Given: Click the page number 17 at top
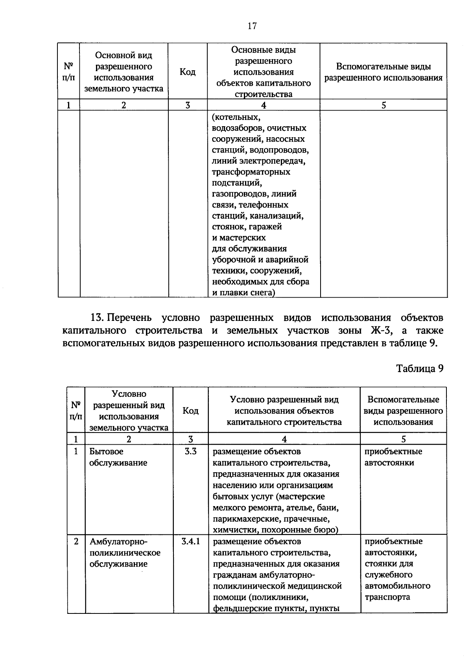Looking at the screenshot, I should tap(252, 26).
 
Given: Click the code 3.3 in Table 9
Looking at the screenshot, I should tap(191, 451).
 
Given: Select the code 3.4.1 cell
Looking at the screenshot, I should tap(191, 541).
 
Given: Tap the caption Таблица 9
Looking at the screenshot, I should tap(420, 368).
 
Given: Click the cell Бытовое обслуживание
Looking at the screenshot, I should tap(118, 457).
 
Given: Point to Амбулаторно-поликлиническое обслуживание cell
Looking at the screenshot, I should tap(125, 552).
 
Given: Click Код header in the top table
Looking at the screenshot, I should tap(188, 72).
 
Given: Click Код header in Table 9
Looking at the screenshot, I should tap(191, 411).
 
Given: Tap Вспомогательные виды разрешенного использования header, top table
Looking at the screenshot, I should tap(383, 72).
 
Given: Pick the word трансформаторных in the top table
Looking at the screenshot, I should tap(251, 172).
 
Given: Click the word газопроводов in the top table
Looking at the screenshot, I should tap(239, 194).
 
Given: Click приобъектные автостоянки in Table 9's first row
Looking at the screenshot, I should tap(393, 457).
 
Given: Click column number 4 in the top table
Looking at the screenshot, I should tap(264, 105).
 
